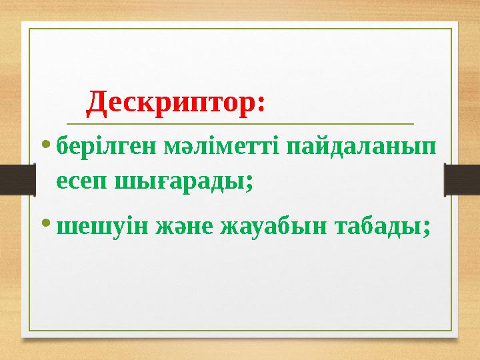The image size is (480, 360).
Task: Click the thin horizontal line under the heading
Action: (x=240, y=123)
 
